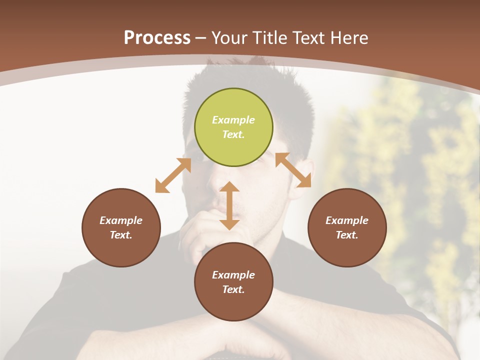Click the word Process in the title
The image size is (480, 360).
[157, 37]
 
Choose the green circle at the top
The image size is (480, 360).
[233, 127]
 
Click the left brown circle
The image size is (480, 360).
[121, 227]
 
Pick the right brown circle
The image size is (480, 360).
[347, 227]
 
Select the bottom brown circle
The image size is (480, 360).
[233, 281]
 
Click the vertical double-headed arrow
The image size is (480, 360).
[229, 205]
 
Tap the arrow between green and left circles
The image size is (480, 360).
[173, 175]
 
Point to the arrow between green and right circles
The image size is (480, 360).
[293, 170]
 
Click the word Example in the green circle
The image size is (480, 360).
[233, 120]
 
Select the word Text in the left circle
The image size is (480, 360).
[121, 235]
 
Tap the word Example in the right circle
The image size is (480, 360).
[347, 220]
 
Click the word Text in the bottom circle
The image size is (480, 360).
[233, 289]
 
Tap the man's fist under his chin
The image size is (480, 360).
[200, 235]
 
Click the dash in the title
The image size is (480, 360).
[201, 38]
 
